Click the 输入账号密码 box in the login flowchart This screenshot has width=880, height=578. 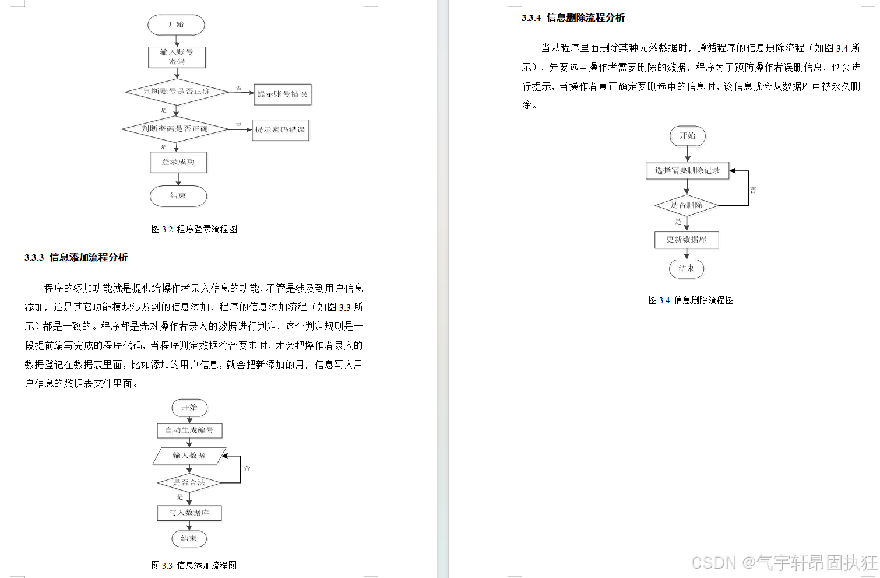click(177, 57)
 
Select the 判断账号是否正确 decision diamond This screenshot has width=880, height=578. click(177, 92)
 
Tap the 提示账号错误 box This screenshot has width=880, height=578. click(282, 94)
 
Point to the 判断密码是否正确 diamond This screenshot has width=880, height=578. click(175, 129)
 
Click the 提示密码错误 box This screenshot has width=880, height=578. click(280, 130)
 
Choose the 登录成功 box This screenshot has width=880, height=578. click(178, 162)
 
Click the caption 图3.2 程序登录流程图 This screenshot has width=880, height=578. click(194, 229)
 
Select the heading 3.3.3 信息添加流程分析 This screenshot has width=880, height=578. click(76, 257)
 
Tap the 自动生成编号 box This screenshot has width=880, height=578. click(189, 430)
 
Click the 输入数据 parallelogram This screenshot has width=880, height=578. click(189, 456)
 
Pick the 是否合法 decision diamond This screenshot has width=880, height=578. click(189, 482)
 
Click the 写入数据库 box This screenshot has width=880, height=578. click(189, 513)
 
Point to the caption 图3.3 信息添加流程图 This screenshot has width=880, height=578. click(194, 565)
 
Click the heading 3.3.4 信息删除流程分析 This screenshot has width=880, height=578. click(573, 17)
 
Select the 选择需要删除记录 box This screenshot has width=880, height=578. click(687, 170)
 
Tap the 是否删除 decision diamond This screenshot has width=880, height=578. click(687, 205)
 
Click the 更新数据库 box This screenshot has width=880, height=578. click(687, 240)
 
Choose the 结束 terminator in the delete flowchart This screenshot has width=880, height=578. click(687, 269)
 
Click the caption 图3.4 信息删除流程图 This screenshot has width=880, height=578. click(691, 300)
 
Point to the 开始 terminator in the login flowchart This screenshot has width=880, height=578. click(176, 24)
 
